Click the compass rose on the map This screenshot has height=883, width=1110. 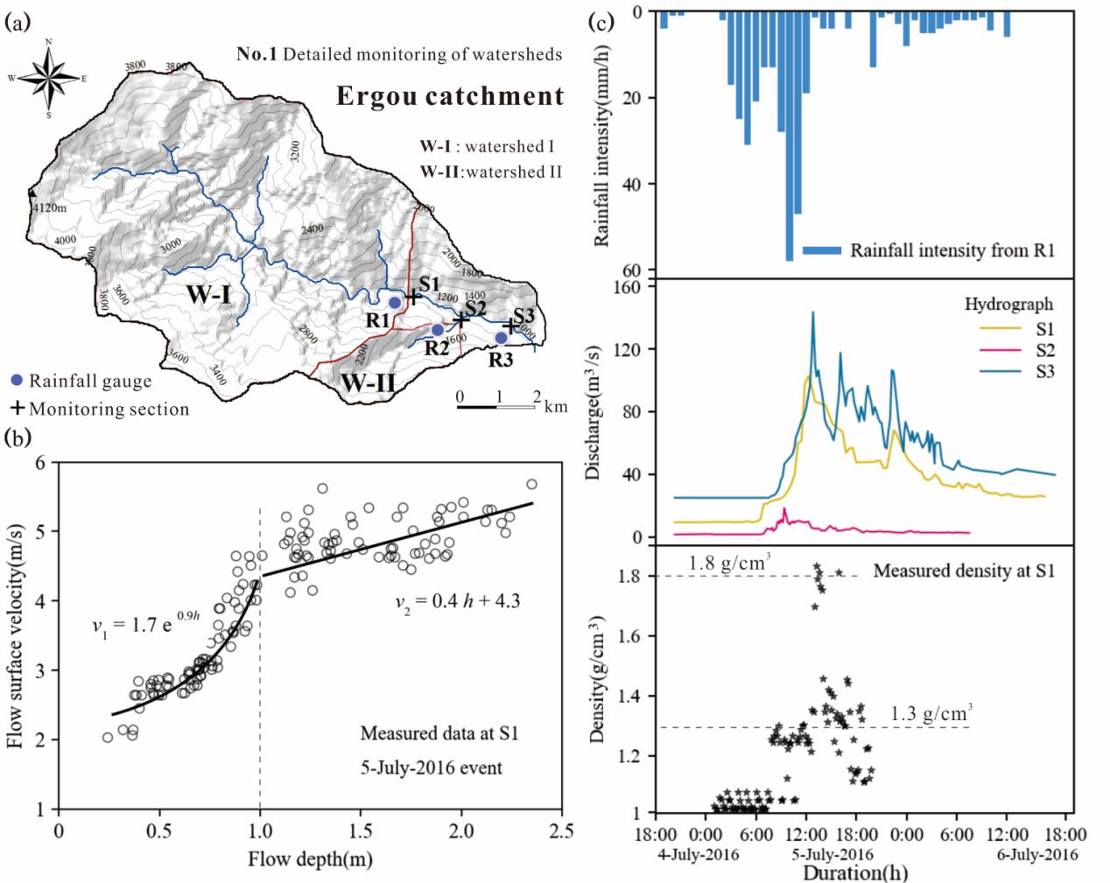[49, 77]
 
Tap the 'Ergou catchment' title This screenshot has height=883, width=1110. [450, 96]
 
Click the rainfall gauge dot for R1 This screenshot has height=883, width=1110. [395, 302]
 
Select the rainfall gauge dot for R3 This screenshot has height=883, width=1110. [501, 338]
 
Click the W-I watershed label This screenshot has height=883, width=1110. [208, 295]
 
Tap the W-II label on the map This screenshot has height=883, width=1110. [368, 382]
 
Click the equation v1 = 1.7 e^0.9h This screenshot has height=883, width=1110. [146, 625]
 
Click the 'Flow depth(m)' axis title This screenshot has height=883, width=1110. [310, 858]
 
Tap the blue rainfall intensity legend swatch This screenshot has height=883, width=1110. [821, 250]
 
